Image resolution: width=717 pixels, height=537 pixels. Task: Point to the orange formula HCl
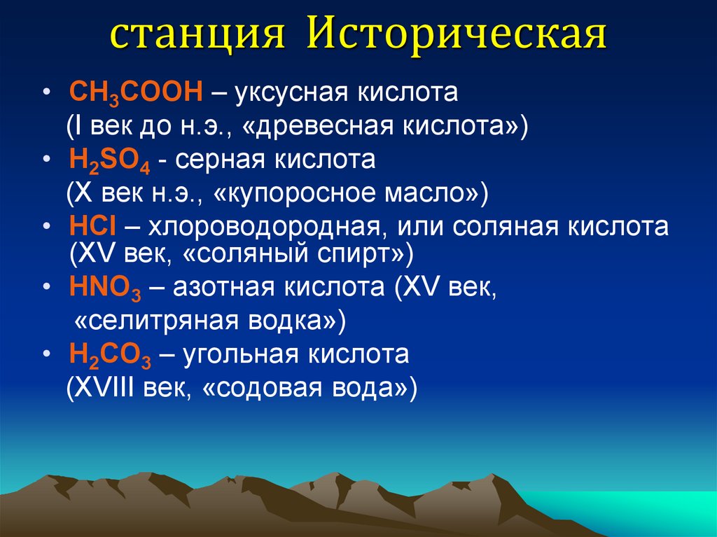[x=93, y=228]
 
